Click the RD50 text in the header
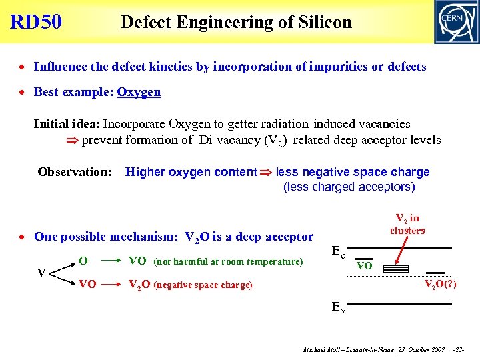coord(36,22)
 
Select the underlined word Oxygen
coord(139,92)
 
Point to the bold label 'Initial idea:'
coord(67,124)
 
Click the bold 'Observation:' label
coord(75,172)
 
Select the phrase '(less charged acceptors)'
coord(349,187)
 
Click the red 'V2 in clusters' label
coord(407,224)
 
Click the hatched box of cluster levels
coord(396,270)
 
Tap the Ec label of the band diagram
coord(339,251)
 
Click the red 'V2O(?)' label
coord(441,285)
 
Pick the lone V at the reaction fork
coord(41,273)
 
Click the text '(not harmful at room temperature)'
coord(228,261)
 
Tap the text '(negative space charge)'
coord(203,285)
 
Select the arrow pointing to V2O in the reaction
coord(111,285)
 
